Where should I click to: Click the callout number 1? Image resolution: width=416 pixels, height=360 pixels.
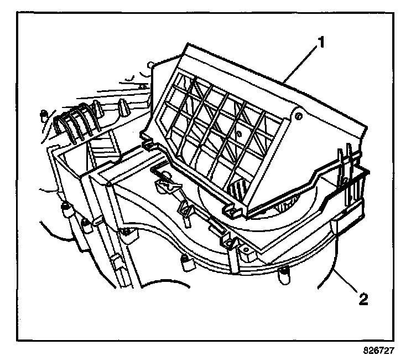pos(320,41)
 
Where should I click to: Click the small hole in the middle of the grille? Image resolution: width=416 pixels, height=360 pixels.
pos(238,133)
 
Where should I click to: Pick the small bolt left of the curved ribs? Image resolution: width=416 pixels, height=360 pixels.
pos(43,115)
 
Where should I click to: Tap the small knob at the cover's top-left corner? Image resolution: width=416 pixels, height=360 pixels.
pos(151,65)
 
